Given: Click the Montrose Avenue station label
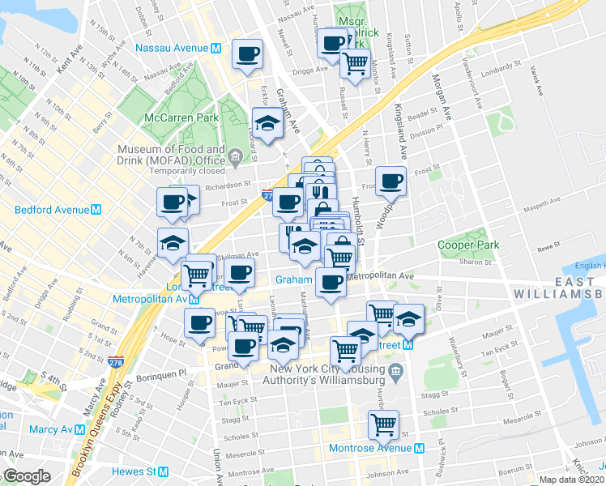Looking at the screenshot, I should click(x=380, y=448).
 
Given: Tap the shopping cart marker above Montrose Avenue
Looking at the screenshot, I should click(x=383, y=424).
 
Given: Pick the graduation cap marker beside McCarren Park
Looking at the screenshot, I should click(x=266, y=122).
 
